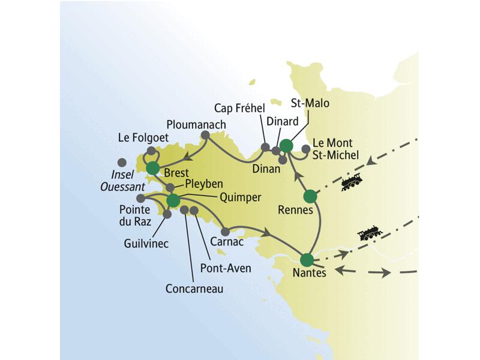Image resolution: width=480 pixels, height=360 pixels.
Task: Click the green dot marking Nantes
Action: coord(307,260)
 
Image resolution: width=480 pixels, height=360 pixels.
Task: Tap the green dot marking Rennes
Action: coord(310,196)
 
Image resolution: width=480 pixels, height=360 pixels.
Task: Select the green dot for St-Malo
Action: coord(286,146)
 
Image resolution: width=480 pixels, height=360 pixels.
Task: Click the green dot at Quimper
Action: coord(173,200)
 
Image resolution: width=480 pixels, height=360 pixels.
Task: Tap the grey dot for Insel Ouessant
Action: coord(122,162)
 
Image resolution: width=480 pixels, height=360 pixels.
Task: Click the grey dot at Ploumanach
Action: coord(205,136)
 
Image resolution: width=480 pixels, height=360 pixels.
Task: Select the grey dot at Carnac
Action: coord(226,232)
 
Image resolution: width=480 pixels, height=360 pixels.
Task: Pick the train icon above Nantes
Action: coord(368,234)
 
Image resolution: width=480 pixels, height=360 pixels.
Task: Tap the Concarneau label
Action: coord(194,289)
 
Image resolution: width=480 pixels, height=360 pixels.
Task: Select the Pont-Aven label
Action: coord(226,268)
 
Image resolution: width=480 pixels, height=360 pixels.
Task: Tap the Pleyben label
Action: coord(203,182)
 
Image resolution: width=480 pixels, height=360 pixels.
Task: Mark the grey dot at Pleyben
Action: coord(170,188)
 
